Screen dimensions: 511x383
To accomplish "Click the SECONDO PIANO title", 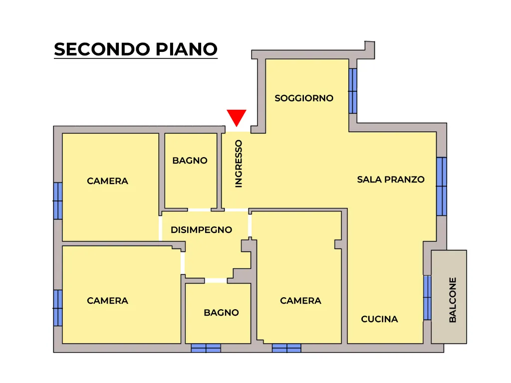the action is [x=136, y=49].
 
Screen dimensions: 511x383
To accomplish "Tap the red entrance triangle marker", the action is [x=237, y=117].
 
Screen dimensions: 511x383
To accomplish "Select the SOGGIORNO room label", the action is [x=304, y=98].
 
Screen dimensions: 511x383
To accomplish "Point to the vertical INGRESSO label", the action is [x=239, y=164].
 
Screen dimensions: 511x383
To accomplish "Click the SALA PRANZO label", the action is [x=391, y=180].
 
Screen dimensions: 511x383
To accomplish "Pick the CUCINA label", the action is [x=379, y=319].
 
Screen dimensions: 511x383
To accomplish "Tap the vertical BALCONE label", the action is [x=453, y=300].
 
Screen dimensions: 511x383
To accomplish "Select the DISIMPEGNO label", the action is [x=202, y=230].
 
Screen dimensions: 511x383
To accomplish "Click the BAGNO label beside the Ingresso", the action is [x=190, y=161].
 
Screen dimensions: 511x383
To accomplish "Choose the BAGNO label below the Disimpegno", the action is [x=221, y=313].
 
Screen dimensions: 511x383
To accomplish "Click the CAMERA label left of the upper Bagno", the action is [x=108, y=181].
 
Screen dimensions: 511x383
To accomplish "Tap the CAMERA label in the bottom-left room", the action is [x=108, y=301].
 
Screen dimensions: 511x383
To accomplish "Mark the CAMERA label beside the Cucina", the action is [x=300, y=301].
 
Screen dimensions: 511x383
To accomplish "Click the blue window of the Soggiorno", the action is [x=353, y=91].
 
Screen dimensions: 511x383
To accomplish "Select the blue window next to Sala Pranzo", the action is [x=442, y=187].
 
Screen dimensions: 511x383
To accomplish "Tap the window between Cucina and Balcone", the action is [x=428, y=298].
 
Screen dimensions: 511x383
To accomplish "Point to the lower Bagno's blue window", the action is [x=206, y=348].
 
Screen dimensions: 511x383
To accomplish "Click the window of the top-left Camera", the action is [x=58, y=201].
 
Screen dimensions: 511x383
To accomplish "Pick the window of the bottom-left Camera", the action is [x=58, y=308].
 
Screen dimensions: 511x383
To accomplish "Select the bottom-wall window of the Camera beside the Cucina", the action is [x=286, y=348].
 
